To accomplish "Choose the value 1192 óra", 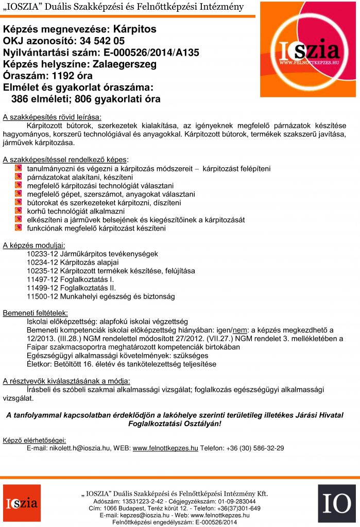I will pos(72,76).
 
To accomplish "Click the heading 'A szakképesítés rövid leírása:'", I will pos(52,117).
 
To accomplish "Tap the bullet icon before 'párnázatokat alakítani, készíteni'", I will pos(18,177).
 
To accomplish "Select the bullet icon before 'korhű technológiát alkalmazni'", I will pos(18,211).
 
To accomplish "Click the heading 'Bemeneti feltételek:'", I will pos(36,313).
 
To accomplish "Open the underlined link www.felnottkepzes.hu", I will pos(165,448).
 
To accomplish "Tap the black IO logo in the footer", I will pos(336,503).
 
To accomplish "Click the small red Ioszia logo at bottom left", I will pos(22,503).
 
